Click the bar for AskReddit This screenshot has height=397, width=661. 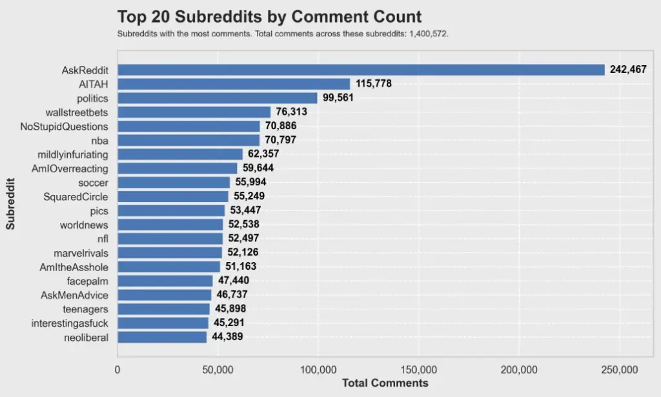tap(361, 70)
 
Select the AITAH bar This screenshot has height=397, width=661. tap(234, 84)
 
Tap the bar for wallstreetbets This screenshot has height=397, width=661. tap(194, 112)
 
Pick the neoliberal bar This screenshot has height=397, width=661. tap(162, 337)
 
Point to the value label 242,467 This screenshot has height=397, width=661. tap(628, 70)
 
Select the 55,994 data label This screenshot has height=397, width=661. tap(254, 183)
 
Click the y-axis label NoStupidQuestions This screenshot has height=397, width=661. tap(64, 127)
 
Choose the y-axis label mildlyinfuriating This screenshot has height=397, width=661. tap(72, 154)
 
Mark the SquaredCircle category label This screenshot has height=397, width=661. tap(76, 196)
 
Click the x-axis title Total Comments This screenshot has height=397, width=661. tap(385, 383)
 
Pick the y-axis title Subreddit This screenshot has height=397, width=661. tap(11, 203)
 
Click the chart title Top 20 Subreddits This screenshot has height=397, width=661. tap(269, 17)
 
